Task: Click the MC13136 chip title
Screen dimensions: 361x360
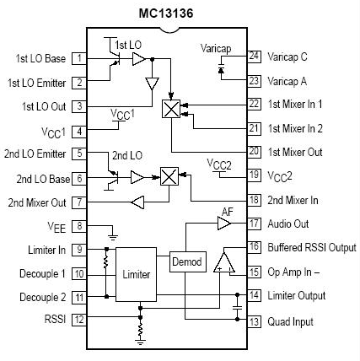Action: (180, 13)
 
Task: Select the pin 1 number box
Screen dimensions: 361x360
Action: (78, 58)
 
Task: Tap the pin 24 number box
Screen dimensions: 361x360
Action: (253, 57)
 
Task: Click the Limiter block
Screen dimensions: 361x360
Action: (136, 274)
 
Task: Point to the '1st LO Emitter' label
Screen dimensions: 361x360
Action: (37, 82)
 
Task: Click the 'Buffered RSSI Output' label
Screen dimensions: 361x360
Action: (312, 247)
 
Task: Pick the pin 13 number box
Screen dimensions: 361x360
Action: (253, 321)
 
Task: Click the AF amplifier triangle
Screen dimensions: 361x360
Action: (223, 224)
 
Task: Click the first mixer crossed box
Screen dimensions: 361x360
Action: (171, 109)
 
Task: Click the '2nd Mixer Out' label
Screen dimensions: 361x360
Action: (35, 202)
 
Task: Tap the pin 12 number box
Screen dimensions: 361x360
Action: (78, 321)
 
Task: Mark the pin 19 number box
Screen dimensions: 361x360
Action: (253, 175)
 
